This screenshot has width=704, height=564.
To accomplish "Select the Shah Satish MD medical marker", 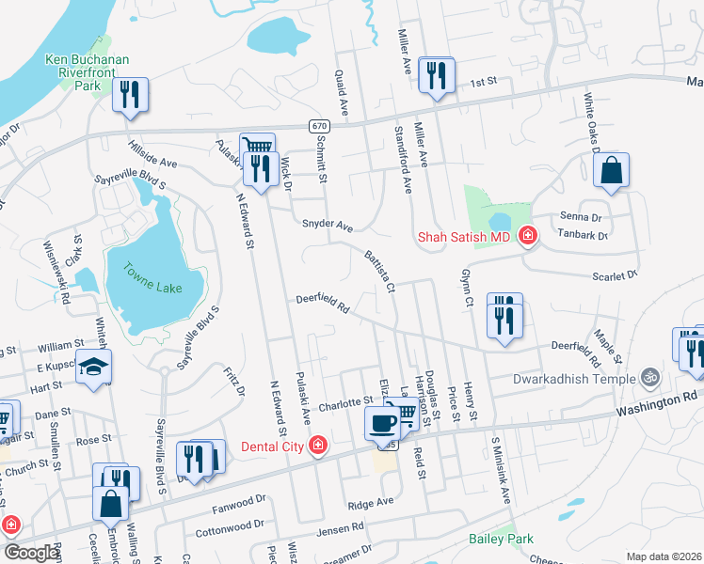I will tap(527, 236).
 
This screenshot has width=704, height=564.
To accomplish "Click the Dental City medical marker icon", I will tap(319, 445).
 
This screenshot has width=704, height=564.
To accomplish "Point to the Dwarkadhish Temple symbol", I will tap(648, 379).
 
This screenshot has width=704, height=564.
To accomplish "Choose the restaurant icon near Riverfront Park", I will tap(130, 94).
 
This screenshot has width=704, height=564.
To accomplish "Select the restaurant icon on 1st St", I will tap(437, 74).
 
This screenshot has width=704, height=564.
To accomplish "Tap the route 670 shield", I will tap(319, 126).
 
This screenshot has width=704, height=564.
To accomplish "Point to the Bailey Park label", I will tap(501, 539).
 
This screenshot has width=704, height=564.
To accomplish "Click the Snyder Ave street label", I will tap(327, 226).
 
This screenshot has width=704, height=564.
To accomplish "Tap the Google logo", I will tap(32, 553).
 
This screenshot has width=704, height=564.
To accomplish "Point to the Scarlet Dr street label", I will tap(614, 274).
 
